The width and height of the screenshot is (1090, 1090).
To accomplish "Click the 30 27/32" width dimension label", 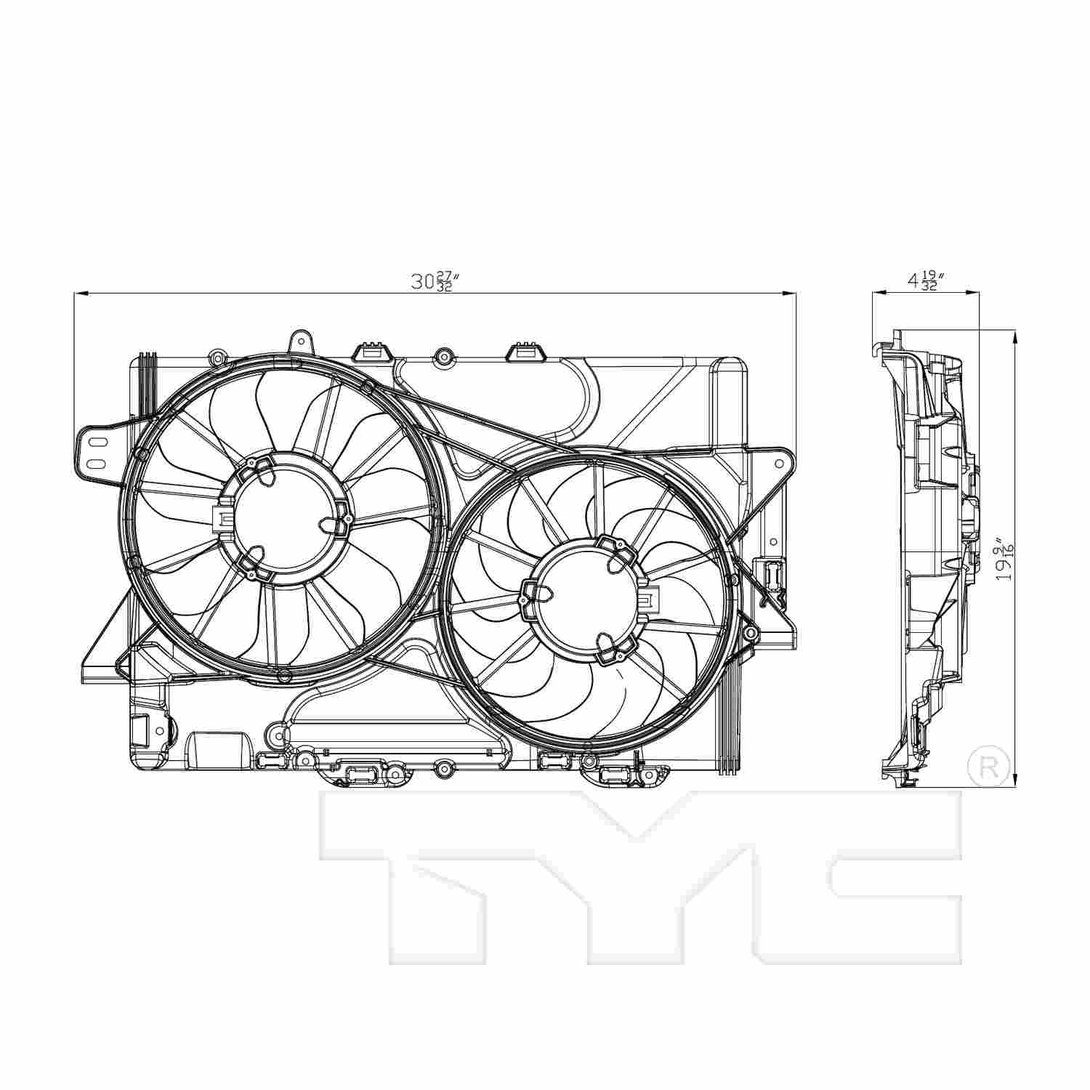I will pyautogui.click(x=434, y=282).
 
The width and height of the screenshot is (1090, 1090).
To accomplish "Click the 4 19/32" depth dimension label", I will pyautogui.click(x=924, y=281).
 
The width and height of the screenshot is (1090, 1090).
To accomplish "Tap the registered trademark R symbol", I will pyautogui.click(x=990, y=764).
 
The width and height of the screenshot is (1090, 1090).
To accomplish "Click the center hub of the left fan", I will pyautogui.click(x=289, y=517).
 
